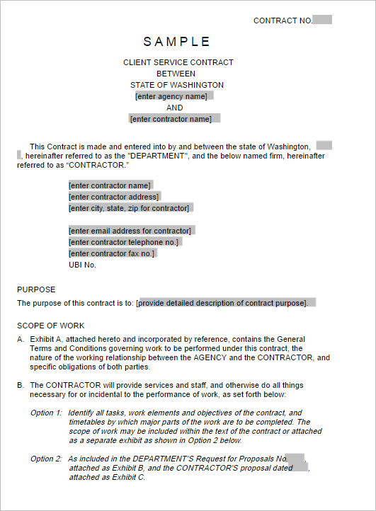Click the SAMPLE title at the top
[x=177, y=42]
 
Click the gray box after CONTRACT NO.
[x=322, y=20]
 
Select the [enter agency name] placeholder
[x=173, y=96]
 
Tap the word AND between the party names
[x=175, y=108]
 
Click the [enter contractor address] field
[x=114, y=197]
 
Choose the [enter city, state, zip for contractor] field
[x=130, y=208]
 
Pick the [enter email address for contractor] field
[x=130, y=231]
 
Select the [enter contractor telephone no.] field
[x=125, y=242]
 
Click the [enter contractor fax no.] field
[x=112, y=253]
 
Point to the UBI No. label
[x=82, y=265]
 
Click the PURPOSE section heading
[x=36, y=289]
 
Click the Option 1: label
[x=47, y=413]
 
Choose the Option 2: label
[x=47, y=459]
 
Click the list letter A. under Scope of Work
[x=21, y=339]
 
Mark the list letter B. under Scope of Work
[x=21, y=385]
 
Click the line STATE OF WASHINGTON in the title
[x=177, y=85]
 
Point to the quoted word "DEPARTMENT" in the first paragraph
[x=158, y=156]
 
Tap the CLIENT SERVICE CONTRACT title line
[x=178, y=62]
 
